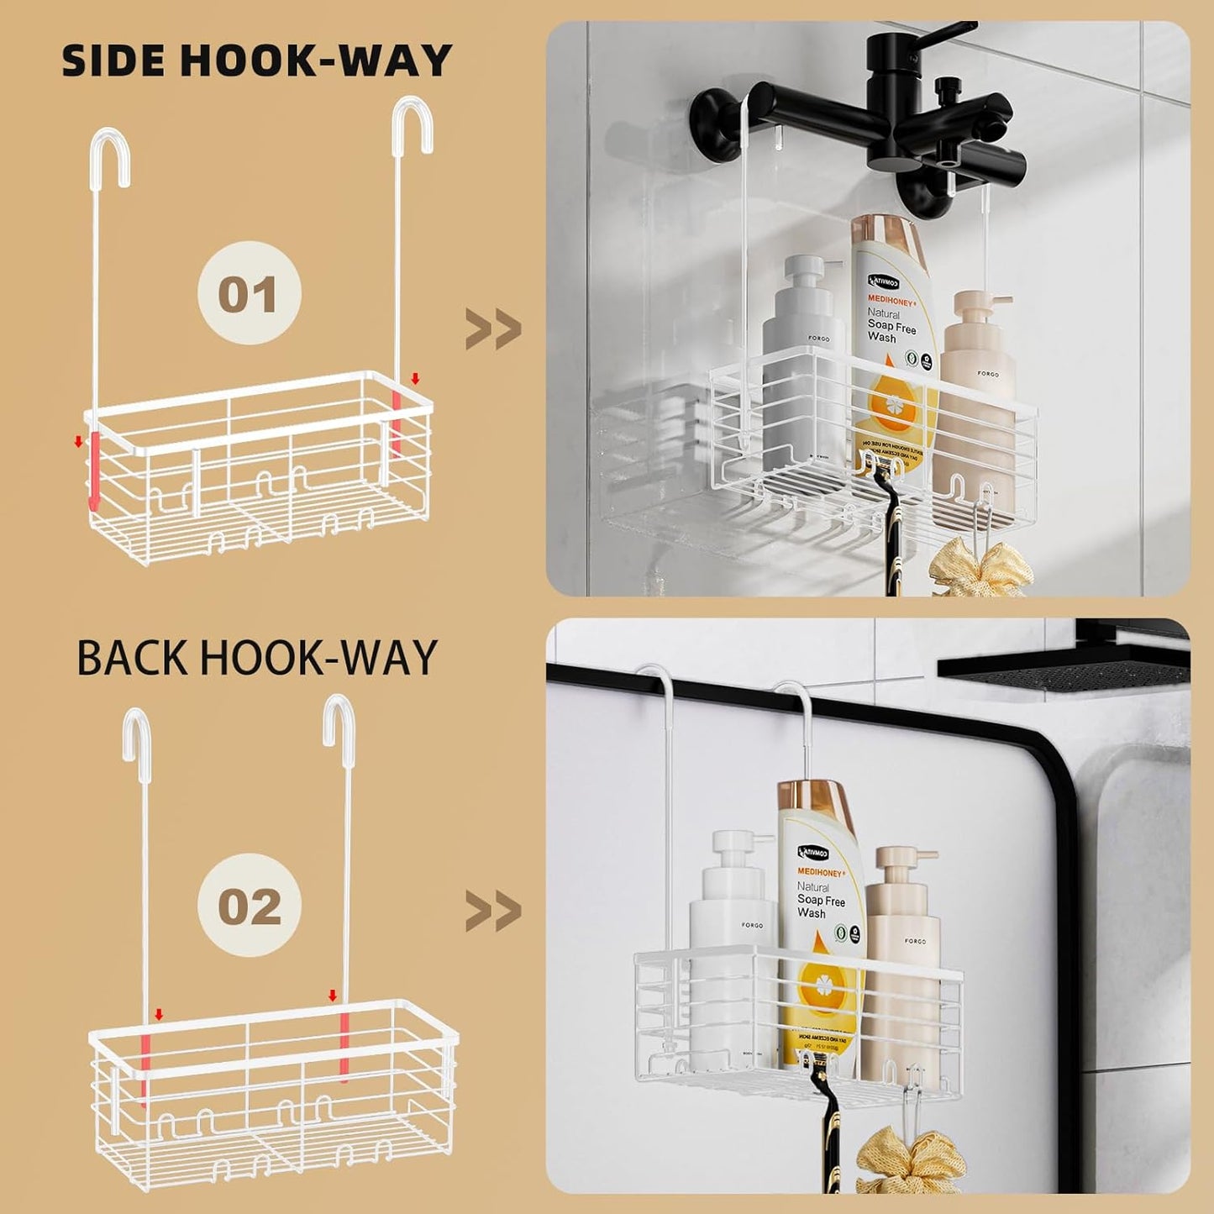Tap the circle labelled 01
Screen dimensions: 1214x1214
coord(249,293)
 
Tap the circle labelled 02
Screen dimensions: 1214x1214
coord(249,905)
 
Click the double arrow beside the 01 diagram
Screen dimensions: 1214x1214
coord(493,329)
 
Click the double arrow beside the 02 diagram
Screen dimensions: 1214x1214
coord(493,912)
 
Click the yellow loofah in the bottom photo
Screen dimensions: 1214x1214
coord(912,1164)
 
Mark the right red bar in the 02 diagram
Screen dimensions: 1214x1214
coord(344,1045)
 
